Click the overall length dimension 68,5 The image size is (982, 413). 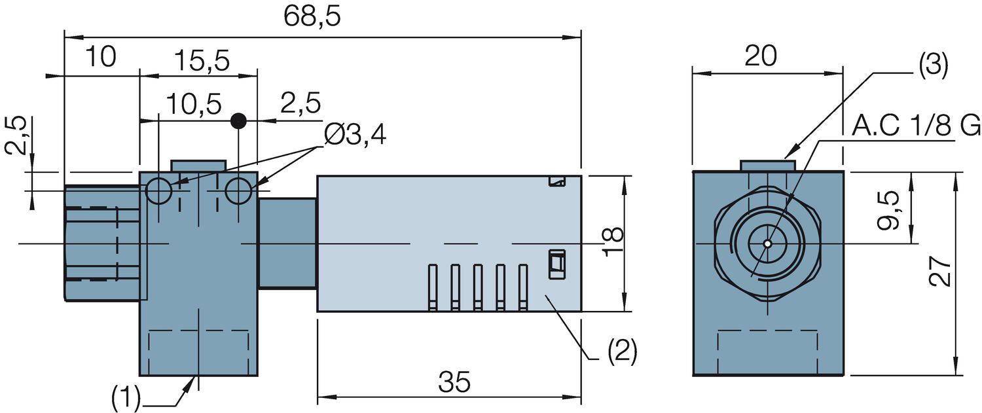point(313,18)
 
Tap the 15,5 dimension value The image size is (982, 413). point(202,61)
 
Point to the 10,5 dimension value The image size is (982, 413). point(193,103)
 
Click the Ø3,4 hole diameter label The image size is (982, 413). point(354,135)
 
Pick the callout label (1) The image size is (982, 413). point(126,397)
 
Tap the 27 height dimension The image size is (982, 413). point(941,271)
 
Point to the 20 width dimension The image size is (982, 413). point(760,57)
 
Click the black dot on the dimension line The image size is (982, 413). point(239,120)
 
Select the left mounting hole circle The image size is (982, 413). point(158,191)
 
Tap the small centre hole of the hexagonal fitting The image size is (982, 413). point(767,243)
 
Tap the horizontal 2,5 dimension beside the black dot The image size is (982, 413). point(300,103)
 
